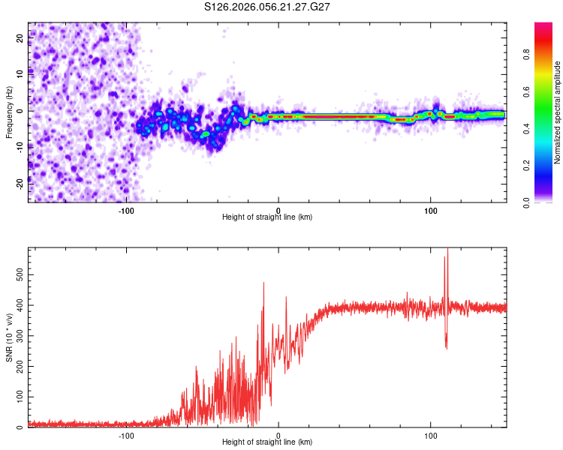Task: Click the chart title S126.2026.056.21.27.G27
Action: click(x=268, y=7)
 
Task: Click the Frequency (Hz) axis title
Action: click(x=8, y=112)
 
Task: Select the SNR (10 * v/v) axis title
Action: click(x=8, y=337)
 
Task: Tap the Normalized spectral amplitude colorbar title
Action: click(x=558, y=112)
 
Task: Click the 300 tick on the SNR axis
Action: click(x=20, y=336)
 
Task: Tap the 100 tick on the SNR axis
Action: click(x=20, y=397)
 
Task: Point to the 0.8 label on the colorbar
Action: click(x=526, y=54)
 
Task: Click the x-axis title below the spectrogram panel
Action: click(x=267, y=217)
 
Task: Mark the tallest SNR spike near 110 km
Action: click(x=447, y=250)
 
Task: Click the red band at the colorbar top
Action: click(x=543, y=27)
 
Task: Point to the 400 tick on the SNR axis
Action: click(x=20, y=305)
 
